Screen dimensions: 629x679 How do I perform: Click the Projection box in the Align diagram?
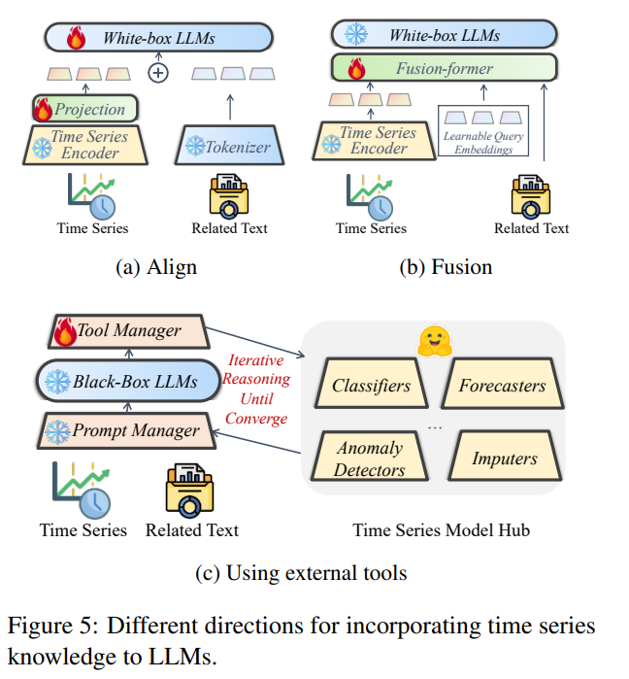(x=85, y=108)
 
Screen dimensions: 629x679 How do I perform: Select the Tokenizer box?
(x=229, y=146)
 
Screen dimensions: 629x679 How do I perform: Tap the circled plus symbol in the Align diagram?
(x=158, y=73)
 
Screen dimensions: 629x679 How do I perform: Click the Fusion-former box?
(x=444, y=68)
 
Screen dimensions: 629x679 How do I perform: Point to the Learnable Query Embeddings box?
(x=483, y=130)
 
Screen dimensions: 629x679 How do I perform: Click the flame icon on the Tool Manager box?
(x=65, y=331)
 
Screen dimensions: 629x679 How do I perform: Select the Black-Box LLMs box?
(x=128, y=381)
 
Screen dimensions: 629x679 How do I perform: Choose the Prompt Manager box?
(x=126, y=430)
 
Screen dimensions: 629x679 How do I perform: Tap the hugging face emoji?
(x=434, y=341)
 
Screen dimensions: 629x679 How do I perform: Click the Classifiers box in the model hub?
(x=371, y=384)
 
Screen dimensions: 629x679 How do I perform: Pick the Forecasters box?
(x=503, y=384)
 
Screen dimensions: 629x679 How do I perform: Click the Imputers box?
(x=505, y=456)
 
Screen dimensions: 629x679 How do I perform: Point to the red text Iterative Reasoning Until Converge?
(x=256, y=390)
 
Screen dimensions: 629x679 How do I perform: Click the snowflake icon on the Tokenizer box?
(x=195, y=146)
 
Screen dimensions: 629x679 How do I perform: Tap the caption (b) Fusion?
(x=446, y=267)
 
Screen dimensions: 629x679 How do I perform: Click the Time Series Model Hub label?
(x=442, y=530)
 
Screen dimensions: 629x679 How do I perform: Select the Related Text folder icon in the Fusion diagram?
(x=531, y=196)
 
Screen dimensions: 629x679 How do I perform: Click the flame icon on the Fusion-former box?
(x=356, y=69)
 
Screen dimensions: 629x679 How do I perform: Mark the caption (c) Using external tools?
(x=301, y=573)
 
